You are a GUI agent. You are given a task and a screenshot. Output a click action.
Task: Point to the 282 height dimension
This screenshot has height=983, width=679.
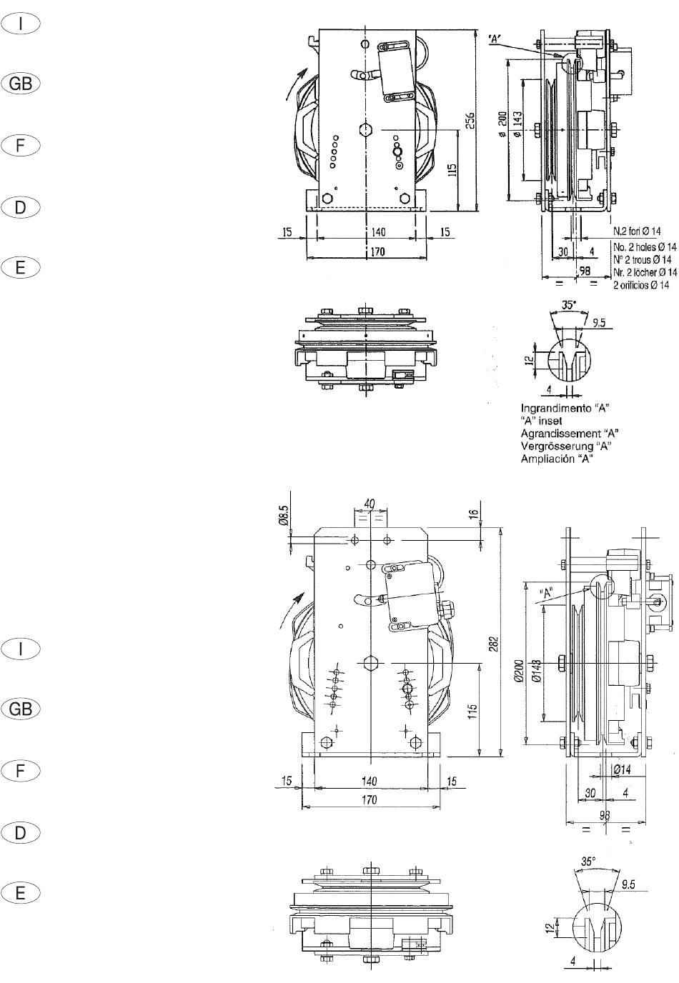coord(494,644)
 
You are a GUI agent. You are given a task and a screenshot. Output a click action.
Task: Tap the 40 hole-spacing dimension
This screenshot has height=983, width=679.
coord(370,504)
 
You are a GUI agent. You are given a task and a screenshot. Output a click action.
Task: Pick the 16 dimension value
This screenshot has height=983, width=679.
coord(473,514)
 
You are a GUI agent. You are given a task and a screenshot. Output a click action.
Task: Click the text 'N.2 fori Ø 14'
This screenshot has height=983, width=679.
coord(636,231)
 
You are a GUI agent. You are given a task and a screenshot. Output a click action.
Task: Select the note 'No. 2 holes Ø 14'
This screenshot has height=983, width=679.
coord(645,246)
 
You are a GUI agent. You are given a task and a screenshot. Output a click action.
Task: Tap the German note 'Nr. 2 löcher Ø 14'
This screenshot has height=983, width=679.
coord(645,272)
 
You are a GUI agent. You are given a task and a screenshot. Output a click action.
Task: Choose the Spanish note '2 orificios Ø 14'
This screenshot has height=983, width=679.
coord(641,285)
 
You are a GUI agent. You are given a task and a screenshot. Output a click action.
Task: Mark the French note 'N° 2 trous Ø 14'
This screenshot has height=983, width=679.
coord(642,259)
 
